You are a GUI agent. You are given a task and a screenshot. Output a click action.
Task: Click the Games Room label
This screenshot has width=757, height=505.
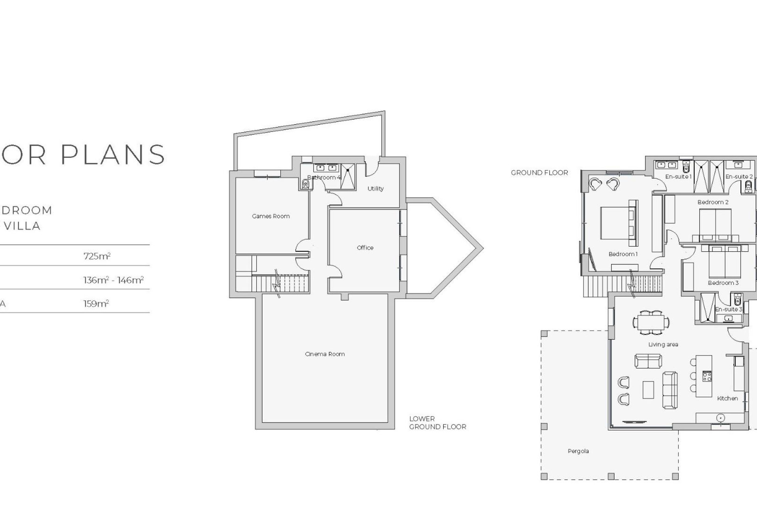point(271,216)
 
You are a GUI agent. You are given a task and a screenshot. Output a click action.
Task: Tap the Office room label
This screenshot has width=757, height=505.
point(365,248)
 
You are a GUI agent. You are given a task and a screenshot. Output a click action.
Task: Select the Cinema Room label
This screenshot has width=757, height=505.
point(325,354)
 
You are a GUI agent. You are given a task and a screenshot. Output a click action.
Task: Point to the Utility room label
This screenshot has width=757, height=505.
point(375,189)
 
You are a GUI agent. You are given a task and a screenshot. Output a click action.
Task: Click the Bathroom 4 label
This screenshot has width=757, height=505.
point(324,178)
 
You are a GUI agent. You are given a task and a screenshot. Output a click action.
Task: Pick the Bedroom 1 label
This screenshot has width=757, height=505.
point(623,254)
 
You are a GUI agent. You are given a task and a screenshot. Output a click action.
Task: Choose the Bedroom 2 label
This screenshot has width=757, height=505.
point(713,202)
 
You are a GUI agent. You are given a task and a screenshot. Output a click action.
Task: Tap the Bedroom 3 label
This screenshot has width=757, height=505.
point(723,283)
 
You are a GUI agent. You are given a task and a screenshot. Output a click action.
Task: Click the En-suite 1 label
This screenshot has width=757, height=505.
point(678,177)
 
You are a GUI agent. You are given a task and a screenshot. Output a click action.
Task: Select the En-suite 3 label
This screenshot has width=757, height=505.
point(729,309)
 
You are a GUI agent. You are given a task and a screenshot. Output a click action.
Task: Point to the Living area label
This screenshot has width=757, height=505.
point(663,345)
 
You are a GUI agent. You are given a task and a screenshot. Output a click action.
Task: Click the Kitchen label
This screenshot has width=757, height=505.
point(727,398)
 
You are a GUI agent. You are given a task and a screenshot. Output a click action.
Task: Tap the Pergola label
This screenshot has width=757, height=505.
point(578,451)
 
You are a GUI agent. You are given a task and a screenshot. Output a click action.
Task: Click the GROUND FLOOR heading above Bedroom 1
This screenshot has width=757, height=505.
point(539,173)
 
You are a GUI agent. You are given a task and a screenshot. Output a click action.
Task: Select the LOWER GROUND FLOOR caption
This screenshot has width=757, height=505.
point(438,423)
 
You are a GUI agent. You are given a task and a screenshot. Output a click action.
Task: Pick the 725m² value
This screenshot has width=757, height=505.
point(97,256)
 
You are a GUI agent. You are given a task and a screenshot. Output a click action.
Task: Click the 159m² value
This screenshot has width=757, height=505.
point(96,304)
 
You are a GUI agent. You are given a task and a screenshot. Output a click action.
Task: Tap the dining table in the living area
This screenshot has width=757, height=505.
point(651,322)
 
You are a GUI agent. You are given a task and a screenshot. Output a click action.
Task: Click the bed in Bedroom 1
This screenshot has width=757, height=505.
point(615,223)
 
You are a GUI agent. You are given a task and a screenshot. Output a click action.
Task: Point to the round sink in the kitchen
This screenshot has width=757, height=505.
point(720,417)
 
